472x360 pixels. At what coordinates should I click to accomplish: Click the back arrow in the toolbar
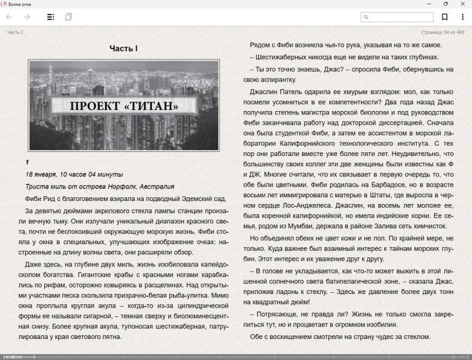[9, 17]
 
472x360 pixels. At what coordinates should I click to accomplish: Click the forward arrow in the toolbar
[26, 17]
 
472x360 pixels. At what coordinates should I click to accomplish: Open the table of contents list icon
[51, 17]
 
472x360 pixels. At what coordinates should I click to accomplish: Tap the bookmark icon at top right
[445, 17]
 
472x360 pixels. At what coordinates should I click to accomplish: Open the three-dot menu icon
[462, 17]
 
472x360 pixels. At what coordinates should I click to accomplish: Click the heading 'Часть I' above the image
[124, 48]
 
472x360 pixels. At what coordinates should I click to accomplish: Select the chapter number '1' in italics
[28, 162]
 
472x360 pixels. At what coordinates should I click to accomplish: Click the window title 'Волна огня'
[20, 4]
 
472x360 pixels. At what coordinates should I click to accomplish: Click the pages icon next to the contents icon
[68, 17]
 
